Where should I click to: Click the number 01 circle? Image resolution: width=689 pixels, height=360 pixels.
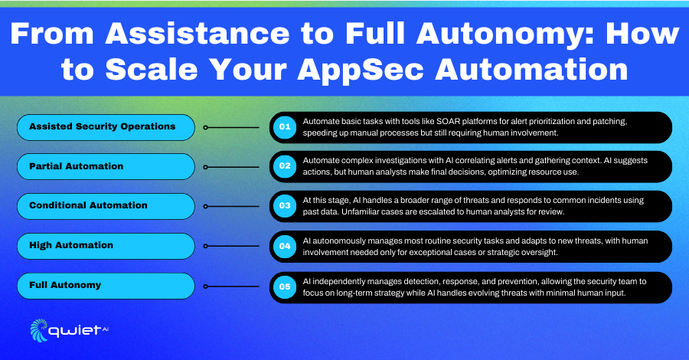pyautogui.click(x=285, y=127)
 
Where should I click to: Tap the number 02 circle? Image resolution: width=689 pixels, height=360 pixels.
pyautogui.click(x=285, y=166)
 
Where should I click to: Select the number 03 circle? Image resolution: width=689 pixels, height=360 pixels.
pyautogui.click(x=285, y=206)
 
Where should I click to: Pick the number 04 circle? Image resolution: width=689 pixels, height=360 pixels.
pyautogui.click(x=285, y=246)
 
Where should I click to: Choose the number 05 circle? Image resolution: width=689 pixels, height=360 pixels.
pyautogui.click(x=285, y=287)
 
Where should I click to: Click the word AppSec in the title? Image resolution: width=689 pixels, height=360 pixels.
pyautogui.click(x=361, y=70)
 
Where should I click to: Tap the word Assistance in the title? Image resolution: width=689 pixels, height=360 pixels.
pyautogui.click(x=198, y=34)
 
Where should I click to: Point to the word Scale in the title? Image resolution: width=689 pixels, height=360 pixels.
pyautogui.click(x=152, y=70)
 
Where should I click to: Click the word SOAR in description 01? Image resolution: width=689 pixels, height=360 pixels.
pyautogui.click(x=448, y=121)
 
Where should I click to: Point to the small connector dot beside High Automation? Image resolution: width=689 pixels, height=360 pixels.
pyautogui.click(x=206, y=246)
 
